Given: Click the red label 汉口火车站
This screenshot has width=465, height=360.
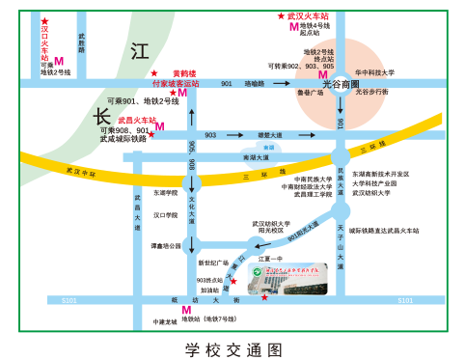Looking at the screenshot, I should [x=44, y=44].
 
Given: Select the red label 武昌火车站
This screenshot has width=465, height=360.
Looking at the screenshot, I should [x=137, y=120].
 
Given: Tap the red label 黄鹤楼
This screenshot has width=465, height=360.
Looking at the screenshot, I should [x=182, y=73].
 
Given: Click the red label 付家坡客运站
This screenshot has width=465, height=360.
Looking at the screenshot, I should [x=169, y=84].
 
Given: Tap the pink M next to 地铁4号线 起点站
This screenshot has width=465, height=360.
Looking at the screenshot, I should [x=293, y=28].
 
